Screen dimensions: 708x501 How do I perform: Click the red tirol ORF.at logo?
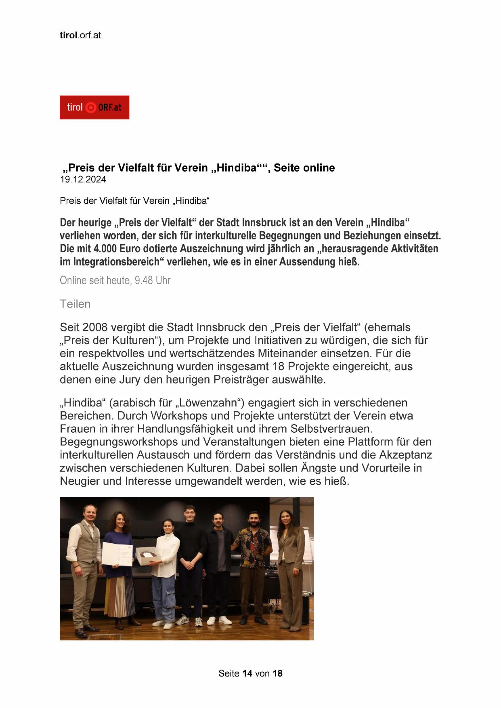(x=94, y=107)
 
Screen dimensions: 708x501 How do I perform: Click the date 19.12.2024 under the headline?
(x=83, y=180)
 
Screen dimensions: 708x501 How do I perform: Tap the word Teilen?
(x=75, y=304)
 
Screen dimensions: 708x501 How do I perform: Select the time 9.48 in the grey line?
(x=144, y=280)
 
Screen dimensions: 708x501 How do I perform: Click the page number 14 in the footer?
(x=247, y=673)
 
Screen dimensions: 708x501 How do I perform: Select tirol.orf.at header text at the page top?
(x=80, y=35)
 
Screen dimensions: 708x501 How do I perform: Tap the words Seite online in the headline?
(x=304, y=168)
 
